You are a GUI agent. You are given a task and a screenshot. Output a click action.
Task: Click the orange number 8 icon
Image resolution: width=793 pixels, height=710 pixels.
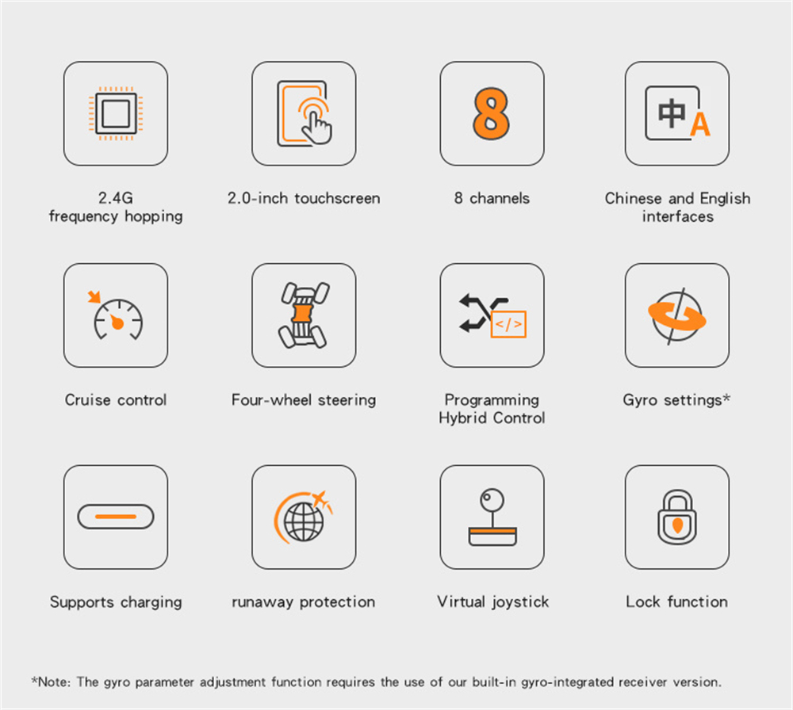(x=491, y=113)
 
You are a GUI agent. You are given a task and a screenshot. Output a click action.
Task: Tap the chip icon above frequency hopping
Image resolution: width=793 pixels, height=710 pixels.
(x=116, y=113)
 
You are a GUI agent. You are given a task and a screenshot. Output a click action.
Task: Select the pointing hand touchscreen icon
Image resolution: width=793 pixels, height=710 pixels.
(x=305, y=113)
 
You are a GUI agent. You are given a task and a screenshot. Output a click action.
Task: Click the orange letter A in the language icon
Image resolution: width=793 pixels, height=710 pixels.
(x=700, y=124)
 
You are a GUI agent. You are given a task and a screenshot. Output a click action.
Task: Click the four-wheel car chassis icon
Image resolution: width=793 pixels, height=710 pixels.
(x=304, y=315)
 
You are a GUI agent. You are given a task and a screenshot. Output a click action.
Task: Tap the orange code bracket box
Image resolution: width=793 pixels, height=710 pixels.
(x=508, y=324)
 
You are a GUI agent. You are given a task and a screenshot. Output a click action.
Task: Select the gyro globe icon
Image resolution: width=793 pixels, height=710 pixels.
(x=677, y=316)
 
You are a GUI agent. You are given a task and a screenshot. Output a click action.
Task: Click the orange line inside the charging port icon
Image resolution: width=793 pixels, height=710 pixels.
(x=116, y=517)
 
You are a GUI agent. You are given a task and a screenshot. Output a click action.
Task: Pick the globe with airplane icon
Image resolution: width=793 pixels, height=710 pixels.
(x=304, y=517)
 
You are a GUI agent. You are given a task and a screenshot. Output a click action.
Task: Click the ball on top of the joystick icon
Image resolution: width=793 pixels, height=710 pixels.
(x=492, y=500)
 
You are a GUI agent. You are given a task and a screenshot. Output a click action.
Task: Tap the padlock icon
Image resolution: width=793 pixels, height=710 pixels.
(x=677, y=517)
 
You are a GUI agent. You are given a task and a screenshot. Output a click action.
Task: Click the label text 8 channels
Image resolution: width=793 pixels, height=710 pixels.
(x=492, y=198)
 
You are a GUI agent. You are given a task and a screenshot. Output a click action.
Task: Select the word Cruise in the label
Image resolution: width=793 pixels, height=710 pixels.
(x=87, y=399)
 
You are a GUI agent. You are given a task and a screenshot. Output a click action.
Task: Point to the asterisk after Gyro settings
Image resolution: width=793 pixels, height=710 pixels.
(x=726, y=397)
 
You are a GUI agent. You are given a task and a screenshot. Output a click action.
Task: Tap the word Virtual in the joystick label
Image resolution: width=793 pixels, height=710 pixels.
(x=462, y=601)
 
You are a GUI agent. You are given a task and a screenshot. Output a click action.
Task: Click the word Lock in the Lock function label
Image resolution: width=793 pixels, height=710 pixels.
(x=643, y=601)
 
